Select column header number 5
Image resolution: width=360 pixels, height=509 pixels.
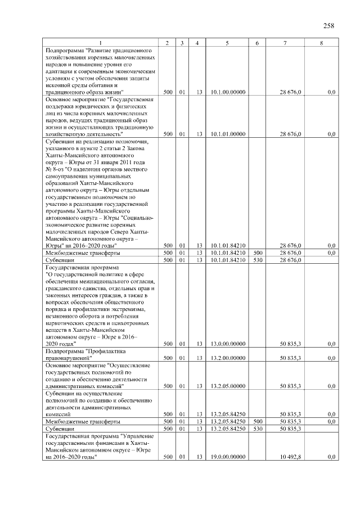coord(227,43)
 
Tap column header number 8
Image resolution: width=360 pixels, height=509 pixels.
coord(321,43)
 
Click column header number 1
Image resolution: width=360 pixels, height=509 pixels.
coord(101,43)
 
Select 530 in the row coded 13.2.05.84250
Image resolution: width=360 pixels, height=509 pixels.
coord(258,429)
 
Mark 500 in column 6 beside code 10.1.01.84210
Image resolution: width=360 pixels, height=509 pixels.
coord(258,253)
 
